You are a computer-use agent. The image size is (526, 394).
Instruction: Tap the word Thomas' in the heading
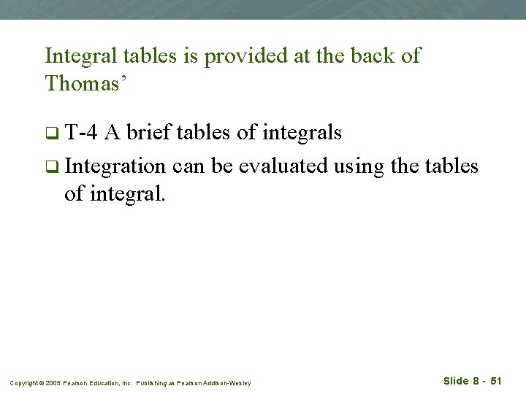coord(86,83)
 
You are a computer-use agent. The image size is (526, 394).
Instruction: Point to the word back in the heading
coord(365,56)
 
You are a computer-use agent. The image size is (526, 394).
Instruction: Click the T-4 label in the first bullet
coord(81,133)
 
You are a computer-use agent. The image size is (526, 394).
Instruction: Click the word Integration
coord(115,166)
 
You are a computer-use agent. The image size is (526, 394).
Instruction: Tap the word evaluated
coord(283,166)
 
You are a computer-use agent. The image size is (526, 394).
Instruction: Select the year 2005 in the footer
coord(53,383)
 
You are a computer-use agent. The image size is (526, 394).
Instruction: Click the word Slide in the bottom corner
coord(456,381)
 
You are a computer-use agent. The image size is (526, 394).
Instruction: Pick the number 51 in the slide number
coord(495,381)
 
